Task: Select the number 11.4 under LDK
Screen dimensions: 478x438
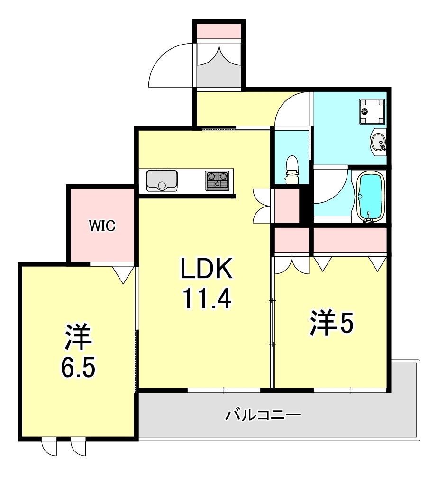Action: click(x=206, y=298)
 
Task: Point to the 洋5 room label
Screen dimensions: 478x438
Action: click(x=332, y=324)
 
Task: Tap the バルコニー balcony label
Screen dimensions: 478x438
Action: click(x=263, y=415)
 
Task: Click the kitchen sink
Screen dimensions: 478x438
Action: click(x=162, y=180)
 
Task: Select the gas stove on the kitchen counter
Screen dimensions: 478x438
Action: click(x=218, y=180)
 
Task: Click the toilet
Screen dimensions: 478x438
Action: click(x=292, y=169)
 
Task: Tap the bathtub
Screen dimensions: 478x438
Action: click(x=370, y=196)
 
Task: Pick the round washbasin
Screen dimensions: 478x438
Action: click(x=378, y=142)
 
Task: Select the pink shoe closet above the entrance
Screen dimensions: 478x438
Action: click(x=219, y=31)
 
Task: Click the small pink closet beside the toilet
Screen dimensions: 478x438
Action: click(x=287, y=206)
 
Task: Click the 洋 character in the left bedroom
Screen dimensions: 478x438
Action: click(x=78, y=337)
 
